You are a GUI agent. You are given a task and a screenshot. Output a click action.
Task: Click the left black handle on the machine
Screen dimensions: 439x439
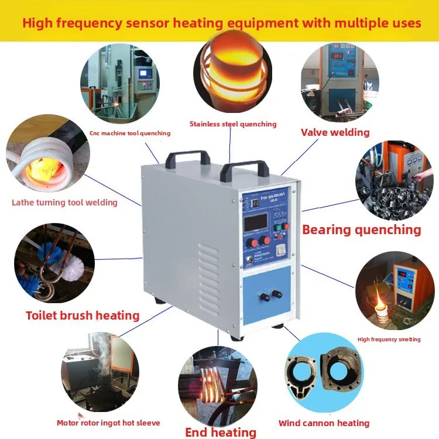click(x=188, y=156)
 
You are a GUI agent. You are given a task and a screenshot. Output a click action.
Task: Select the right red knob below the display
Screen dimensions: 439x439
click(x=266, y=240)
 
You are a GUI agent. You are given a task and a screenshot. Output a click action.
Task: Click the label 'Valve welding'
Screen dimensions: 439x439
click(x=335, y=132)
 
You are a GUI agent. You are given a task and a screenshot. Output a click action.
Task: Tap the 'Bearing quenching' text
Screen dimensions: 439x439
click(x=361, y=229)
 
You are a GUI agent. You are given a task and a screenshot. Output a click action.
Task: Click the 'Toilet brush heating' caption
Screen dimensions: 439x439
click(x=83, y=315)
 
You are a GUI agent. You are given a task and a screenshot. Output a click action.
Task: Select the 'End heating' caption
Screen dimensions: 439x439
click(x=221, y=433)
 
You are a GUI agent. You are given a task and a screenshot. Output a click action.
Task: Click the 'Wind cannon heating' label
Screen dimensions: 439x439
click(x=324, y=423)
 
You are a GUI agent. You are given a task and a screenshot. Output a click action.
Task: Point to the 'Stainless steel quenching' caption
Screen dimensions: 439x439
click(x=233, y=124)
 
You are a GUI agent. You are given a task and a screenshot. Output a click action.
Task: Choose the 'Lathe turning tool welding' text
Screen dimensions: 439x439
click(x=64, y=203)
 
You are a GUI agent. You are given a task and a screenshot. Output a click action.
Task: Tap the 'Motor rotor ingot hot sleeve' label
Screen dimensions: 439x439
click(x=108, y=423)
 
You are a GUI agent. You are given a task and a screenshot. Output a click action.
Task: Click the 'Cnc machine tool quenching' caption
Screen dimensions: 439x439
click(x=130, y=133)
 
